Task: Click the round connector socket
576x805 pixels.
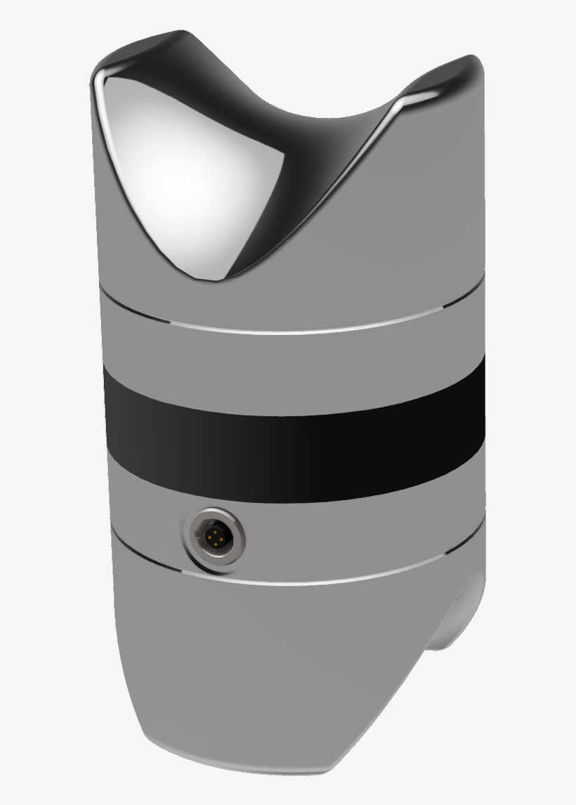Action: click(214, 539)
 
